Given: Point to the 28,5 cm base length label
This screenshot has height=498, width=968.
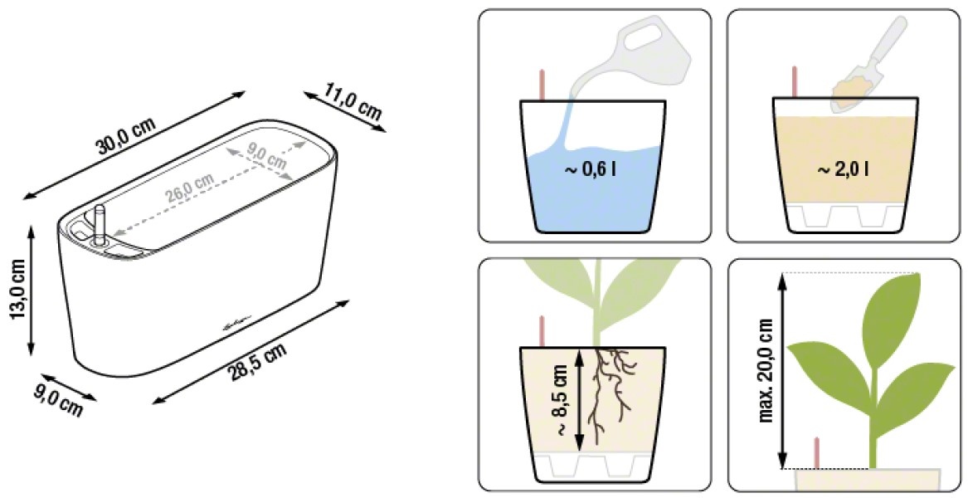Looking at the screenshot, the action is coord(257,362).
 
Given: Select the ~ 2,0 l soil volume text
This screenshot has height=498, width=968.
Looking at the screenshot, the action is coord(843,169).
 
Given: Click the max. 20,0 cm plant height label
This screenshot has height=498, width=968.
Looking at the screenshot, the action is coord(766,370).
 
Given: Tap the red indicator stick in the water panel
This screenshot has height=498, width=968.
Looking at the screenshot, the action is coord(542,85).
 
